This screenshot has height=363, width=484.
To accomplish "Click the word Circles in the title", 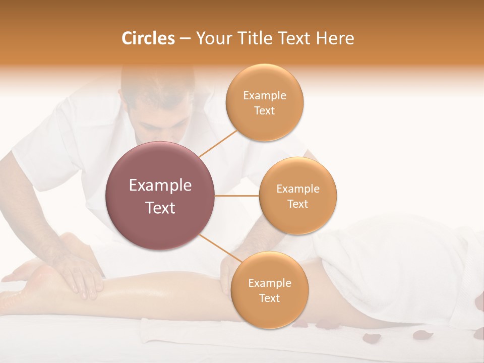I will pyautogui.click(x=148, y=38).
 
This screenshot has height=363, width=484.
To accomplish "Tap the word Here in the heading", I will pyautogui.click(x=335, y=38).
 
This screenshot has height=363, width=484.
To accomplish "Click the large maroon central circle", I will pyautogui.click(x=160, y=196).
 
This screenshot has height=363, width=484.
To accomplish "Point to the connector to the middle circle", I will pyautogui.click(x=237, y=196).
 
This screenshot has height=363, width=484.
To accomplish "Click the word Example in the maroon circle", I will pyautogui.click(x=160, y=186).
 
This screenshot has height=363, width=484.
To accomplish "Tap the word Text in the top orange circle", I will pyautogui.click(x=264, y=111).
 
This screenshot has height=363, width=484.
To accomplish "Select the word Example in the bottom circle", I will pyautogui.click(x=269, y=283).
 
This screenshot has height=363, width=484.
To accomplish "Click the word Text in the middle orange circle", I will pyautogui.click(x=297, y=204).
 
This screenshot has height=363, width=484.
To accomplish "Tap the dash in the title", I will pyautogui.click(x=185, y=39).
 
